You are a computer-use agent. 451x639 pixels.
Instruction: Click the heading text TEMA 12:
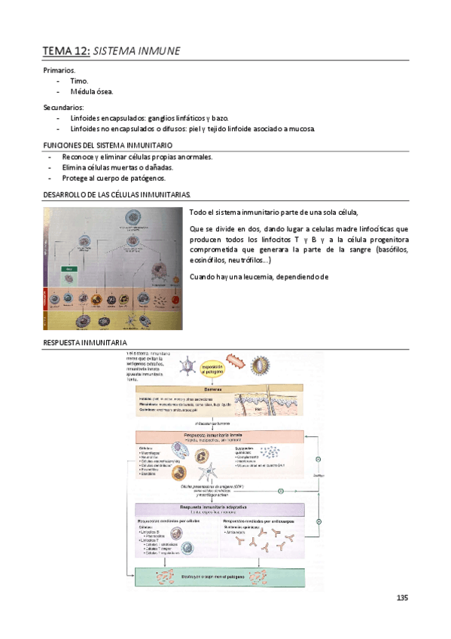(66, 51)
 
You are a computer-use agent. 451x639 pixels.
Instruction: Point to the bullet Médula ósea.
(92, 91)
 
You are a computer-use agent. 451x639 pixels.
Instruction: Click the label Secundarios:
(63, 107)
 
